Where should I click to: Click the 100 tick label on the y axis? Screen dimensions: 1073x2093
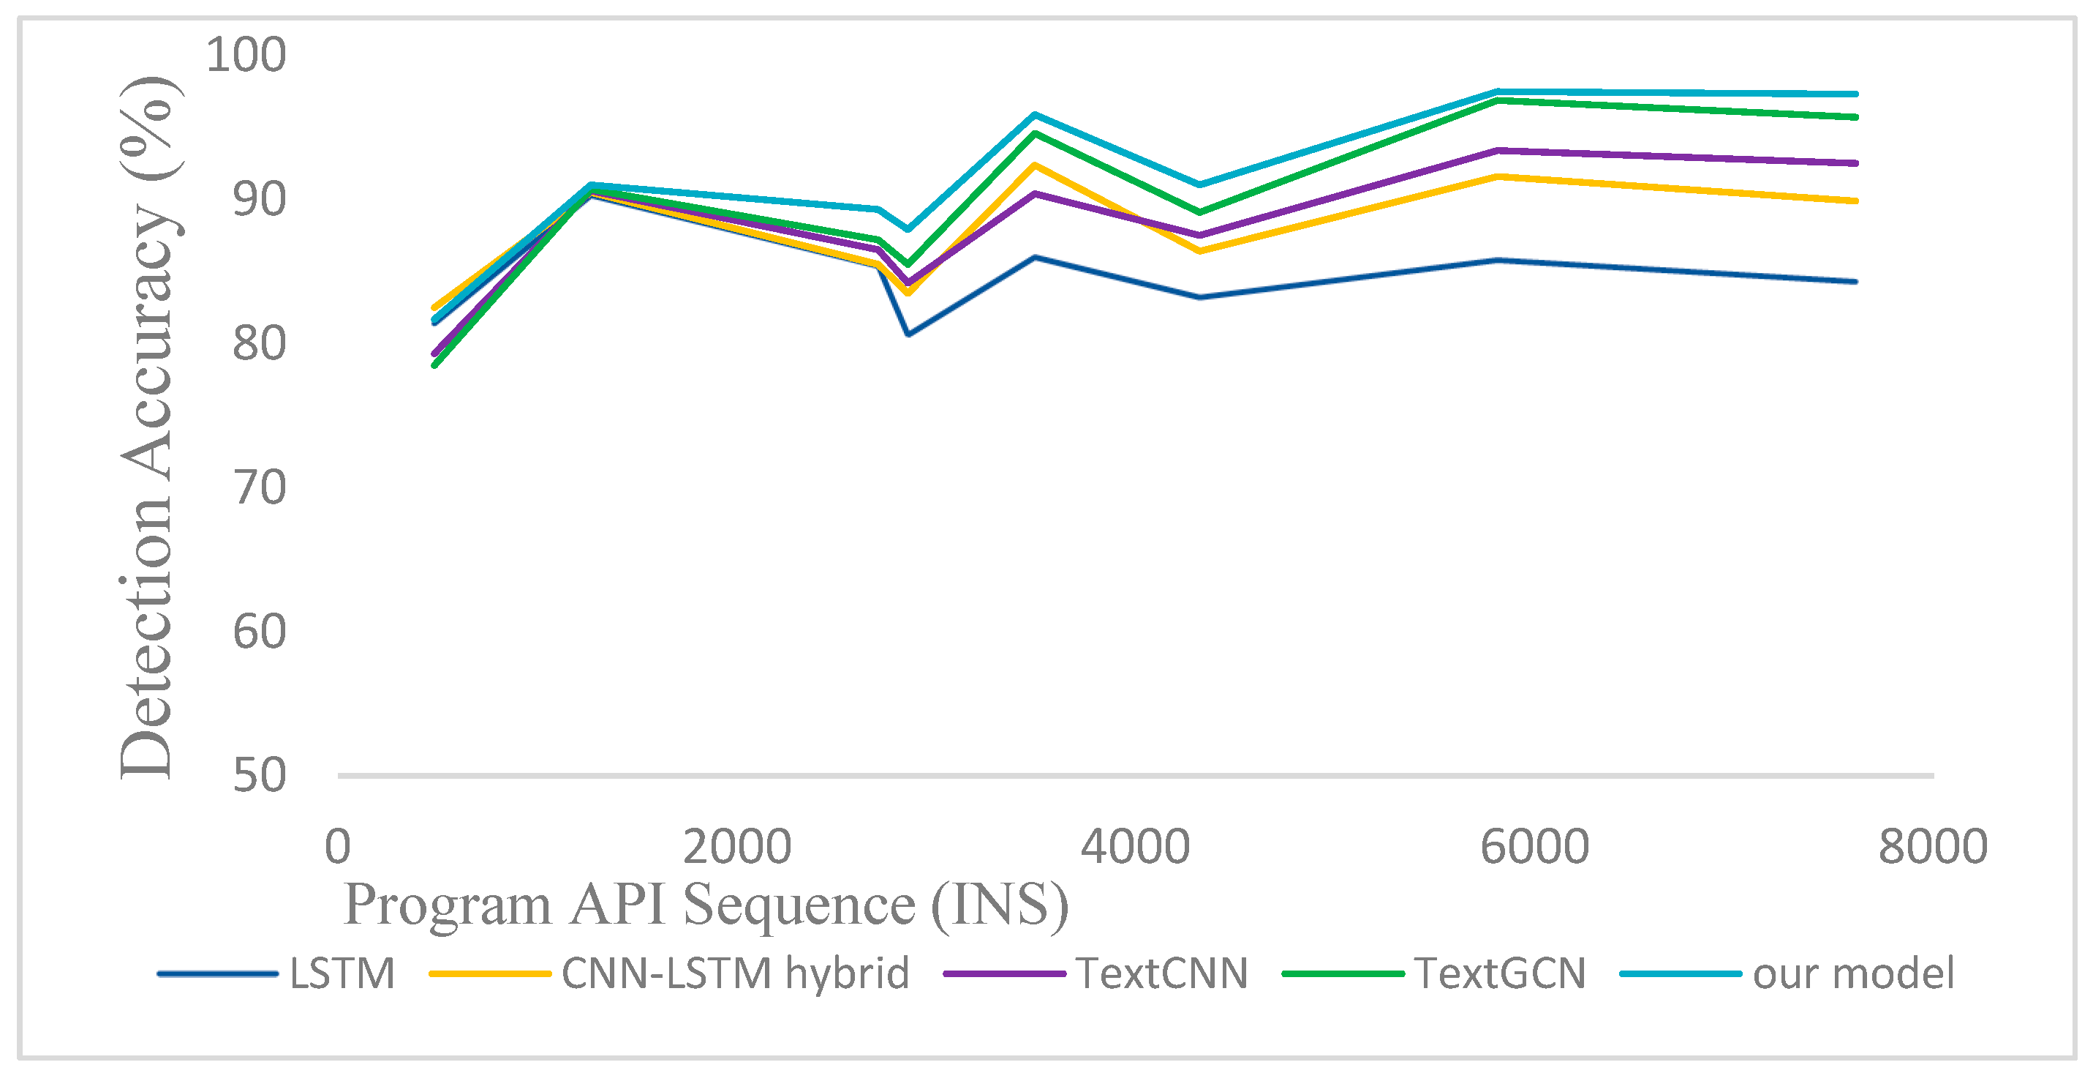tap(246, 56)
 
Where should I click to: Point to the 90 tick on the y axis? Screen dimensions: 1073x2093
tap(259, 199)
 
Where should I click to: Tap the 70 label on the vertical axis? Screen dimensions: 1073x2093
tap(259, 487)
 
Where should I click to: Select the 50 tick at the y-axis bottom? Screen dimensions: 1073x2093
tap(259, 776)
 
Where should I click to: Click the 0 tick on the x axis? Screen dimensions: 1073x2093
tap(337, 846)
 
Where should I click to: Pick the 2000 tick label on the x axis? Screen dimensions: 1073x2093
tap(736, 846)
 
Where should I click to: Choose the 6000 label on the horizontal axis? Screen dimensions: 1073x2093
tap(1534, 846)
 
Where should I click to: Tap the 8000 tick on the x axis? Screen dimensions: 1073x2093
tap(1933, 846)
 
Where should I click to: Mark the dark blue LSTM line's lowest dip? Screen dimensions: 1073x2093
tap(908, 334)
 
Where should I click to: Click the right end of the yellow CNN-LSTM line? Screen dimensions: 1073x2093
tap(1856, 201)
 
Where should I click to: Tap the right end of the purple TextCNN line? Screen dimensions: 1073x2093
tap(1856, 163)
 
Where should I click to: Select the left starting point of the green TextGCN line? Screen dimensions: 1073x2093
tap(434, 365)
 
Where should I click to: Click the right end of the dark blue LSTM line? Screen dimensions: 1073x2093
tap(1856, 282)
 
